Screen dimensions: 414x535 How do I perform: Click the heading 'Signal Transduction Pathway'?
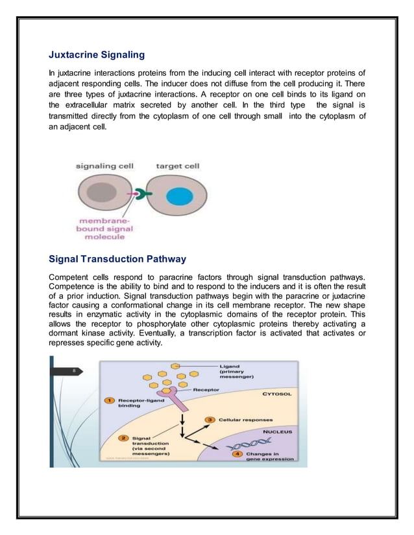117,259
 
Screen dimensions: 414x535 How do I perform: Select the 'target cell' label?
178,166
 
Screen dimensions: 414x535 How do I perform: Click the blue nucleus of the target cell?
178,197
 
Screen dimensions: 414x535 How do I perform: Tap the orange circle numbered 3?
210,420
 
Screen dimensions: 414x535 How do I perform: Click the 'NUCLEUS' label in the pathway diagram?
277,431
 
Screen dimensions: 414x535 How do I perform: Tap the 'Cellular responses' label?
245,420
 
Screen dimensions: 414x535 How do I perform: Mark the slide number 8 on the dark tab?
75,371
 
